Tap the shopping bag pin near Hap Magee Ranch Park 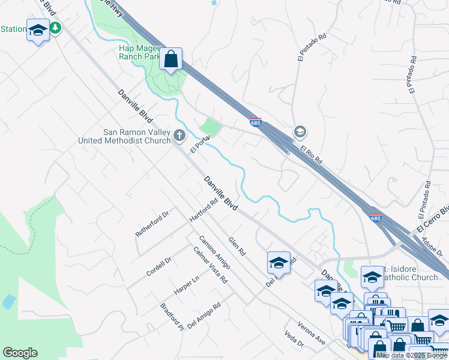click(x=171, y=59)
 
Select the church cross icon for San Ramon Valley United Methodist click(x=179, y=136)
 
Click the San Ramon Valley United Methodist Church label click(x=125, y=137)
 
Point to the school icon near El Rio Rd click(x=300, y=131)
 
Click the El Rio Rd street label click(x=312, y=155)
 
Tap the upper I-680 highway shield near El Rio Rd click(x=256, y=123)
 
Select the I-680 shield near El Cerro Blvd click(x=375, y=218)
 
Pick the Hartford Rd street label click(x=203, y=211)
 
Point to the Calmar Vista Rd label click(x=210, y=265)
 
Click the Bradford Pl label click(x=172, y=316)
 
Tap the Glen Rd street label click(x=237, y=246)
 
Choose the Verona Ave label click(x=313, y=336)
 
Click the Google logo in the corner click(x=20, y=353)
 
